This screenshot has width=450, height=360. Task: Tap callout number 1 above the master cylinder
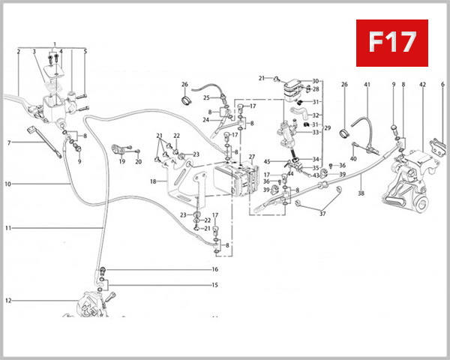point(55,45)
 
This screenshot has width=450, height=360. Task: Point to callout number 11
point(8,228)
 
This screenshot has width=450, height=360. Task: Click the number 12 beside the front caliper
point(8,301)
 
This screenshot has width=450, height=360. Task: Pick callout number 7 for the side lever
point(8,142)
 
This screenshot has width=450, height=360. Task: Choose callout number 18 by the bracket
point(154,181)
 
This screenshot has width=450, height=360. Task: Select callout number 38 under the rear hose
point(361,193)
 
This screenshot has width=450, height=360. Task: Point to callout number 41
point(367,85)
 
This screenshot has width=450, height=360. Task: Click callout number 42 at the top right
point(422,85)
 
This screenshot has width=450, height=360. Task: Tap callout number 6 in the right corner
point(442,85)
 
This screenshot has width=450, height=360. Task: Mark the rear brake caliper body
point(405,180)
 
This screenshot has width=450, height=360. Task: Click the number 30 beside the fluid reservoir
point(316,80)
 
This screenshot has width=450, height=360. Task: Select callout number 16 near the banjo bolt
point(214,269)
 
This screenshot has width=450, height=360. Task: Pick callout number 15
point(214,285)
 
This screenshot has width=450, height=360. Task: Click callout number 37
point(323,214)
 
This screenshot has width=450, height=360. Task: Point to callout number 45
point(268,161)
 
